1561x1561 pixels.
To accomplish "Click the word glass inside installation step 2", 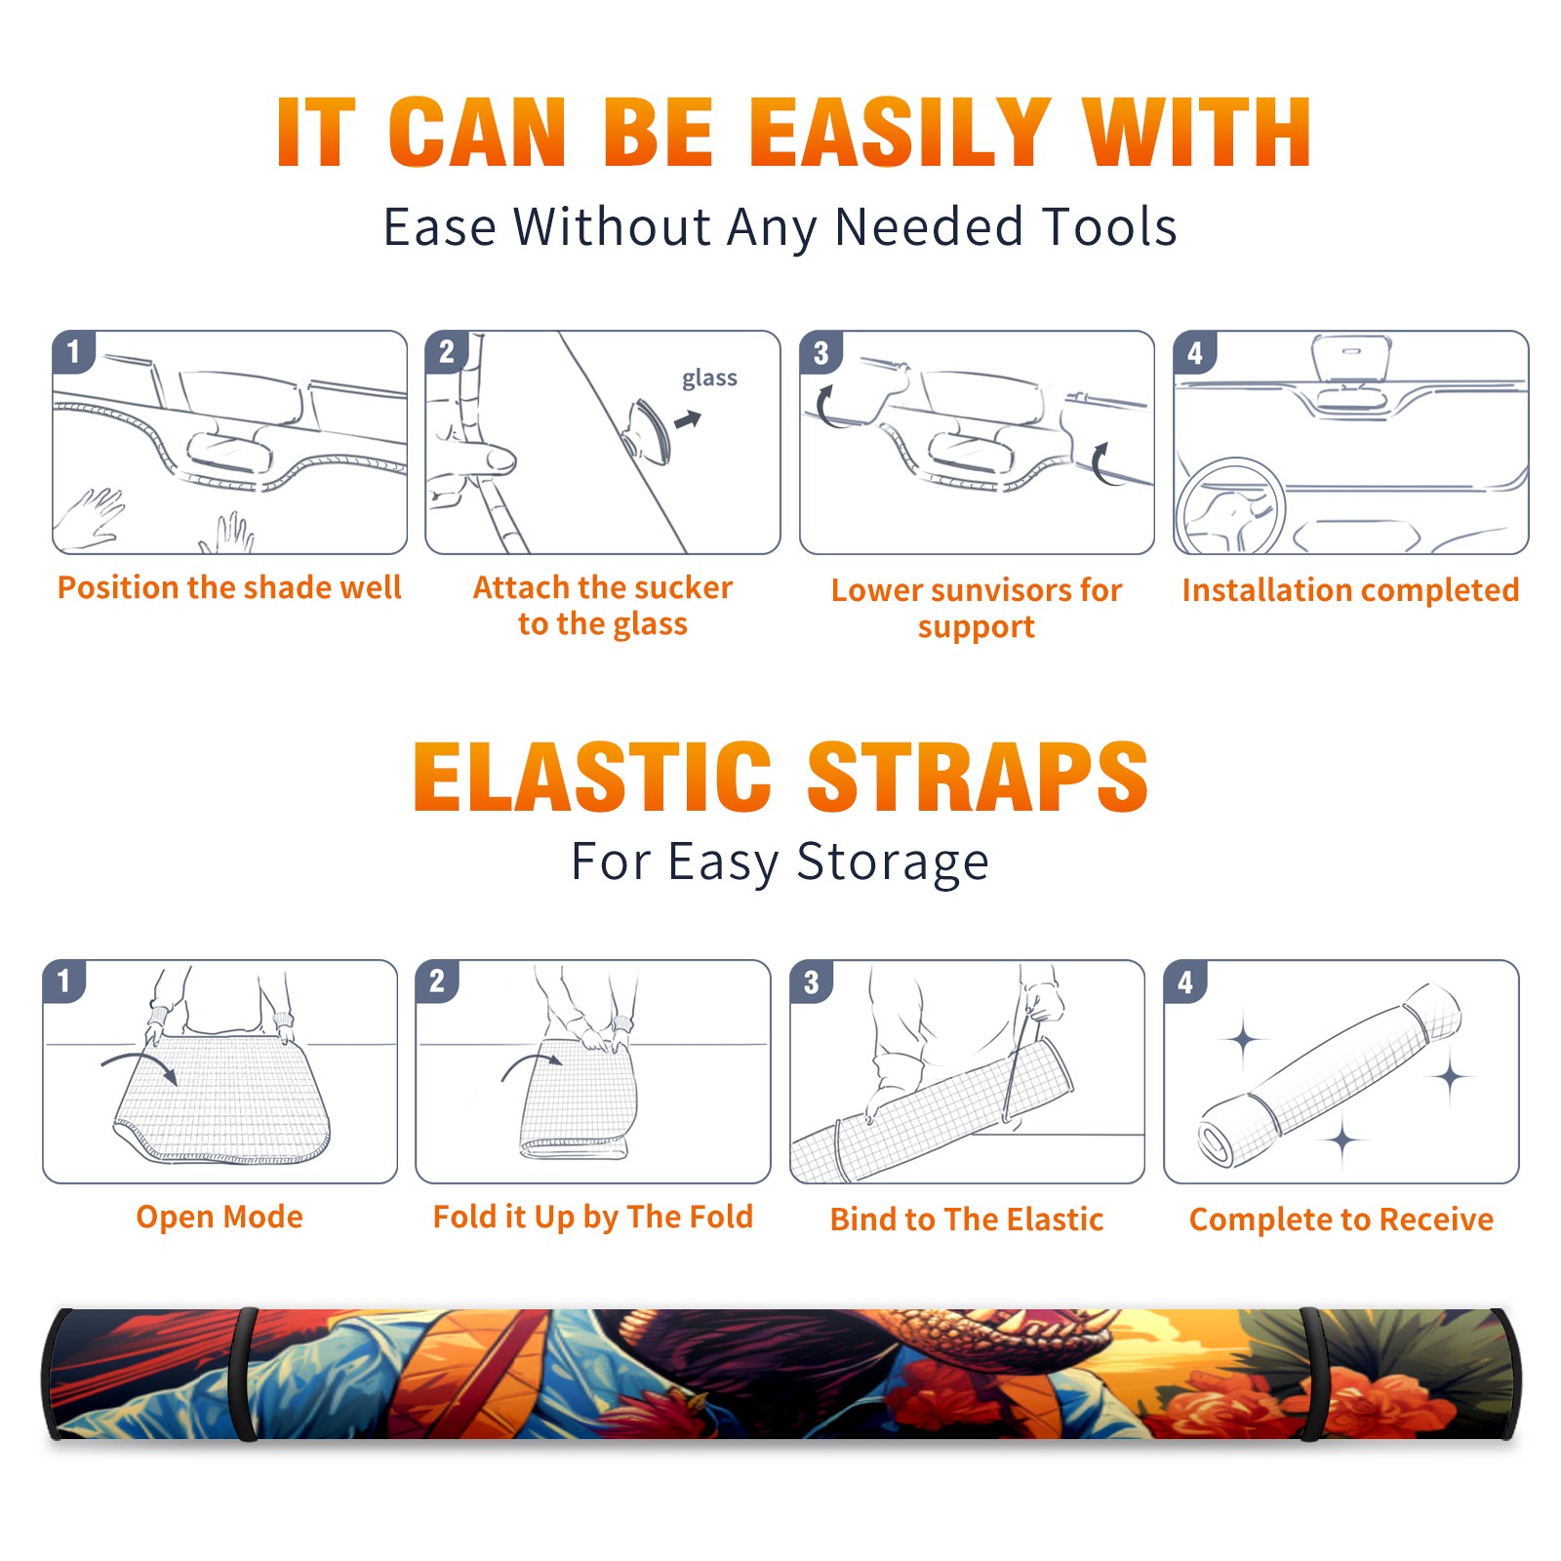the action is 709,379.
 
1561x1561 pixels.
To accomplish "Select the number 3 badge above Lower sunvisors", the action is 821,352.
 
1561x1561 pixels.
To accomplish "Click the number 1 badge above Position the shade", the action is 74,351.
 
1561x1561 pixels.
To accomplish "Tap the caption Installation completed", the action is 1350,590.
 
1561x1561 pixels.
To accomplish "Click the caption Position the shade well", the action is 229,587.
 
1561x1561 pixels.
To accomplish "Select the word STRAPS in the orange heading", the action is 978,777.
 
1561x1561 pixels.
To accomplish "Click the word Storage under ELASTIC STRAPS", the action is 893,862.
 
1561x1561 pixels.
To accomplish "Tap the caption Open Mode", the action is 220,1217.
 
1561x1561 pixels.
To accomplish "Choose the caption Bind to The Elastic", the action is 967,1220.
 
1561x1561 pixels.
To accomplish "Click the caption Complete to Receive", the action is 1341,1220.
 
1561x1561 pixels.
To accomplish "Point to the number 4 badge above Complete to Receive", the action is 1186,981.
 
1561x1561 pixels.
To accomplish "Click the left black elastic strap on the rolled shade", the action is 243,1374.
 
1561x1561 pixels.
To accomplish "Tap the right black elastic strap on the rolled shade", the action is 1313,1374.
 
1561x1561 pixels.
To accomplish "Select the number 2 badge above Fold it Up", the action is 437,981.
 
